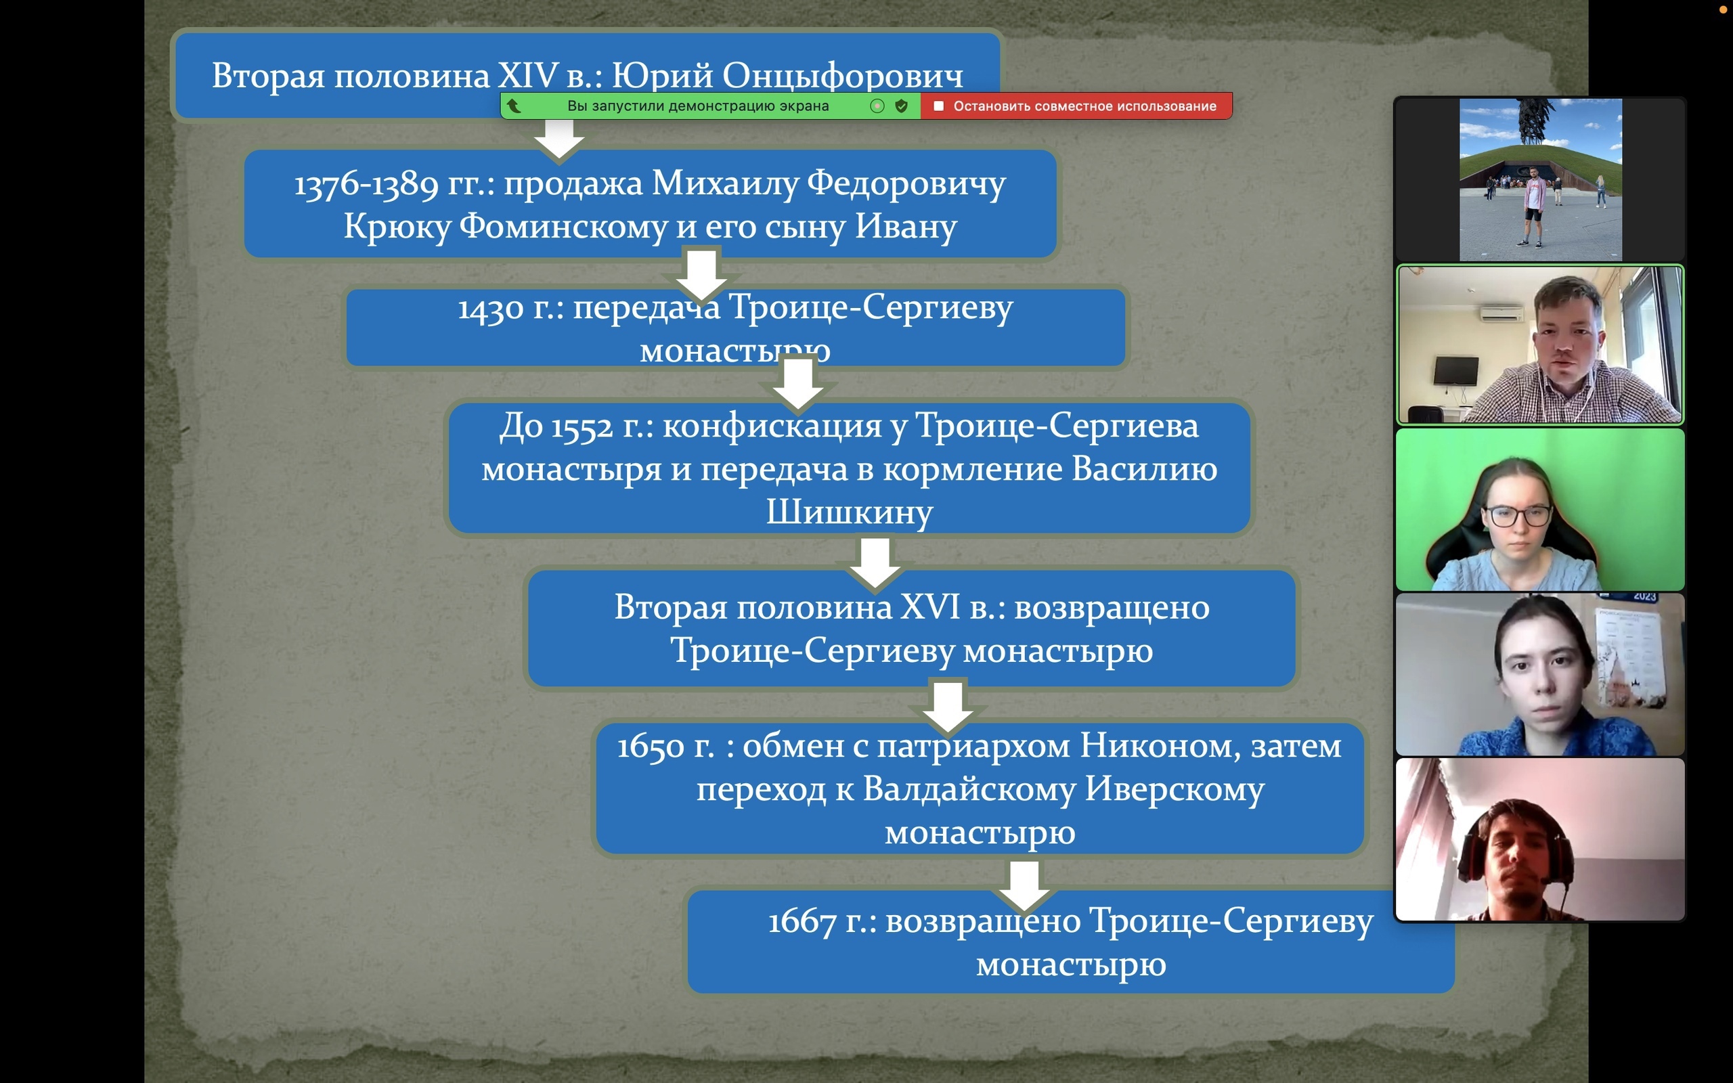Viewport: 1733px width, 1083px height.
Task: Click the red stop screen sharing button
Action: coord(1076,106)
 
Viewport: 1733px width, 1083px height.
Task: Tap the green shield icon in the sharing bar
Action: coord(902,106)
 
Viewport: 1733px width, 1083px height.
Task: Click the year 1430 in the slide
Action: coord(491,309)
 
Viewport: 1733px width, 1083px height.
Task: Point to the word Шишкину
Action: coord(850,512)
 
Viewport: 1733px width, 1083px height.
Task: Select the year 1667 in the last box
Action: coord(802,922)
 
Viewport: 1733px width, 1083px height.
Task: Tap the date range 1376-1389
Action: coord(366,185)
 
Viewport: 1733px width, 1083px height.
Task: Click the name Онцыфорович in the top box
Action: coord(842,76)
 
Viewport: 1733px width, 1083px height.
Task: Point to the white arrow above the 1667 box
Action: coord(1024,885)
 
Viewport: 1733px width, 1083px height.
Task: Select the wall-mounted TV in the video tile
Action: coord(1456,371)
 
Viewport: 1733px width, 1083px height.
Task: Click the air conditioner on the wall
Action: coord(1501,312)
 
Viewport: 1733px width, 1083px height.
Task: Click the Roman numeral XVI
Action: coord(929,607)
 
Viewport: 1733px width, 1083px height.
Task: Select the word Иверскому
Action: coord(1175,789)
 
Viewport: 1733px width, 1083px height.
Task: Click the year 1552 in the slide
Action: coord(582,428)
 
